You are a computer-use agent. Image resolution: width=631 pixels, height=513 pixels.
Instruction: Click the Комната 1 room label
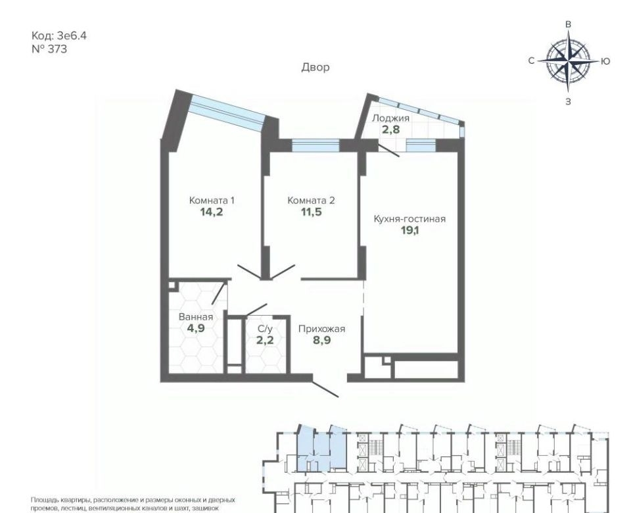click(212, 201)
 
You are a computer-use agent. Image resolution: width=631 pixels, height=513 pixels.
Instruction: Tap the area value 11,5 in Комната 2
click(312, 212)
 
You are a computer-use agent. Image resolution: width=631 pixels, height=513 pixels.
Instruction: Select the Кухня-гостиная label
click(409, 219)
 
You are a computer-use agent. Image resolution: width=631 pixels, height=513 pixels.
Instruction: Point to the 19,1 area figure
click(409, 231)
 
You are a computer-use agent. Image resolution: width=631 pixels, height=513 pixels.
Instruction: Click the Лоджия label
click(390, 118)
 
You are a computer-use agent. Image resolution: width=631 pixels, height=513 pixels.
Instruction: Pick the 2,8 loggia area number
click(390, 130)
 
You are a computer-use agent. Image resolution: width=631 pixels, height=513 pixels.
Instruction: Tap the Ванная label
click(196, 317)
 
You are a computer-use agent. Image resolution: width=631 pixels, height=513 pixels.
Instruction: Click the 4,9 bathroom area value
click(196, 328)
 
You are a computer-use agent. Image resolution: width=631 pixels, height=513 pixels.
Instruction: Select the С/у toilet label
click(266, 329)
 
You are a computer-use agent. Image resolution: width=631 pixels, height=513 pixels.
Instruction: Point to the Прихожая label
click(322, 329)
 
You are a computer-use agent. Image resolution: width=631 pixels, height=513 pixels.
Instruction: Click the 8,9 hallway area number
click(322, 340)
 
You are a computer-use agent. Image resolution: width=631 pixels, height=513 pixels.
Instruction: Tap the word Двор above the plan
click(315, 67)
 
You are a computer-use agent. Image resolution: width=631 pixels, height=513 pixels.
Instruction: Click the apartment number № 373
click(49, 49)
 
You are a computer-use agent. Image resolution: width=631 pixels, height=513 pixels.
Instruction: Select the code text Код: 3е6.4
click(58, 36)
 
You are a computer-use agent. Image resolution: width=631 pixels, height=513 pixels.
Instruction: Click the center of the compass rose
click(568, 62)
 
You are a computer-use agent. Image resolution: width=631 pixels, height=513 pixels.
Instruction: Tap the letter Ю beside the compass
click(605, 61)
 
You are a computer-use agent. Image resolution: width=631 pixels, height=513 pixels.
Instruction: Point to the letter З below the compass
click(568, 102)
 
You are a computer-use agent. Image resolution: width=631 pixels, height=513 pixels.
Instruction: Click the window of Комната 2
click(315, 145)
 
